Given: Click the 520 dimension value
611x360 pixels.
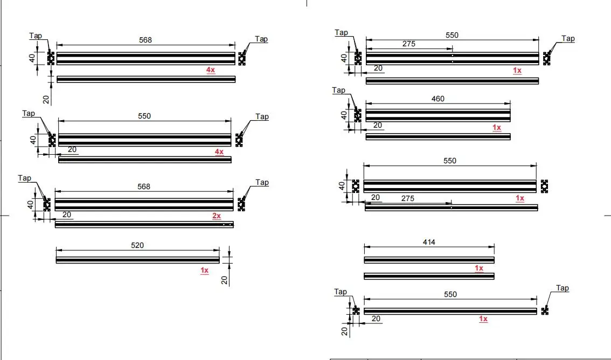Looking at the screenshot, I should (x=137, y=245).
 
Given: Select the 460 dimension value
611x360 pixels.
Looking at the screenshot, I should (x=438, y=99).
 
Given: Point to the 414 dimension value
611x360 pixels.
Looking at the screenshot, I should (x=429, y=242).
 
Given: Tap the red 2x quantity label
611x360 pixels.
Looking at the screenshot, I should (x=216, y=216).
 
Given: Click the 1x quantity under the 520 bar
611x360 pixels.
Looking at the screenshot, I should (x=204, y=271).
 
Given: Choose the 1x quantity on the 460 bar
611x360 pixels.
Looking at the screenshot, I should (x=496, y=128).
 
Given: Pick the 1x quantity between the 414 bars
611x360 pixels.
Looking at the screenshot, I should (x=478, y=268).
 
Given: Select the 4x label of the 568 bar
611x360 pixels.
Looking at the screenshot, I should (x=210, y=70).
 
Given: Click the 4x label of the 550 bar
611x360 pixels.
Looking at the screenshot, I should (x=219, y=152).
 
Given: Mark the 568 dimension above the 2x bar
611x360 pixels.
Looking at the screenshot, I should (x=144, y=186).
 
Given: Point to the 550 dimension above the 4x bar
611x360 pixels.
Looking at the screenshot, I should (x=144, y=116).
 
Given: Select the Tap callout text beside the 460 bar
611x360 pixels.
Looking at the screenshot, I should (x=338, y=90).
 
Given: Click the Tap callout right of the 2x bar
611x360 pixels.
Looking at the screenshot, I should (x=262, y=182).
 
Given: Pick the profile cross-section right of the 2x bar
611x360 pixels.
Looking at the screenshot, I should (x=241, y=204).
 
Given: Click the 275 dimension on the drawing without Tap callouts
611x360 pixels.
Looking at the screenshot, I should (x=408, y=198).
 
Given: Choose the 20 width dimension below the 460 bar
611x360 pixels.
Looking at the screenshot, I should (x=378, y=125).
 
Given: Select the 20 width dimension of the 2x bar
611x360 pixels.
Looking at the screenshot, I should (x=67, y=214).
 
